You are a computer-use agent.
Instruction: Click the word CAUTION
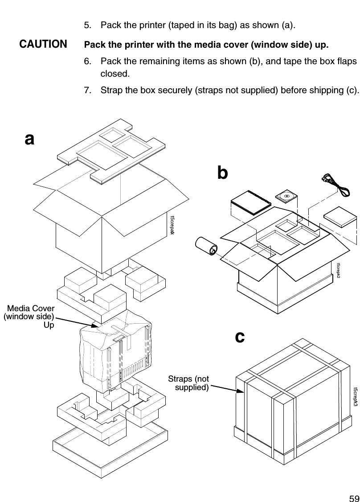tap(43, 45)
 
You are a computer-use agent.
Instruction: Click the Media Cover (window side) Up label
tap(29, 317)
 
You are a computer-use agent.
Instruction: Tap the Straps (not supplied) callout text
tap(188, 383)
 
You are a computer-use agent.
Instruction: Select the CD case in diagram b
tap(286, 196)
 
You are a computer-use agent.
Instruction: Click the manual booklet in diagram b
tap(250, 202)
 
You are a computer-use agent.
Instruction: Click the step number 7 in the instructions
tap(87, 91)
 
